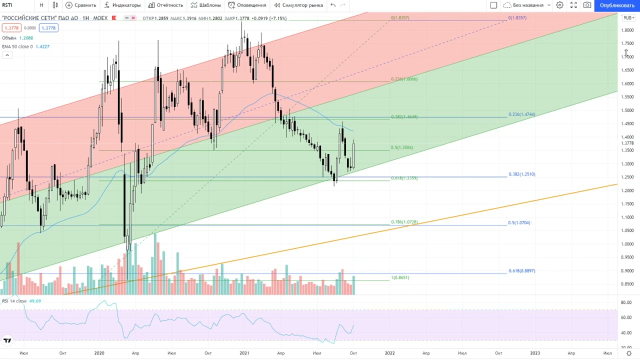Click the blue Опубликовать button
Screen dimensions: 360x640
(616, 5)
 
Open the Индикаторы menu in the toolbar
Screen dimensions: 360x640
(123, 5)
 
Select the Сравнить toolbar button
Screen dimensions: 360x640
(80, 5)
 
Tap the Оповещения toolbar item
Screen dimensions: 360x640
(247, 5)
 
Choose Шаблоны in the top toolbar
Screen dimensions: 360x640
(205, 5)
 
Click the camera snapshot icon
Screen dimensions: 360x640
(587, 5)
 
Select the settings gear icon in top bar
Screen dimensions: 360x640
(559, 5)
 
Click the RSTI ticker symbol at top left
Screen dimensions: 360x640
(7, 5)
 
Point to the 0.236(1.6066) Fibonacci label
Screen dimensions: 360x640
(404, 79)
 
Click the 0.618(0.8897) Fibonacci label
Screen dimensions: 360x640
(521, 271)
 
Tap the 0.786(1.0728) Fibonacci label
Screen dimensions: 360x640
(404, 222)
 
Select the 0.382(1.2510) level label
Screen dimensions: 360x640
(521, 174)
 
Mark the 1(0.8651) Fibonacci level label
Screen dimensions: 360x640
(400, 277)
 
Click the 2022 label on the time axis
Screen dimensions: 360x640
(389, 353)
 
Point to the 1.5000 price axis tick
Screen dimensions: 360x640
(627, 110)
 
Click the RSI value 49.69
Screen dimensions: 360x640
(35, 301)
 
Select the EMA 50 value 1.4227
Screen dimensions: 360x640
(42, 46)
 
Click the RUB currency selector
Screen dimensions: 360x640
(628, 18)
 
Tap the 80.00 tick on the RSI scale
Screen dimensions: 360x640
(626, 303)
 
